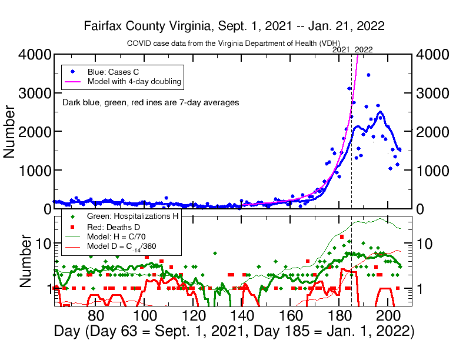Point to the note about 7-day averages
[x=150, y=102]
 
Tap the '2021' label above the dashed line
[x=341, y=50]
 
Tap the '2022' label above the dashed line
[x=364, y=50]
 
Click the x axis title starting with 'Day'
[x=234, y=332]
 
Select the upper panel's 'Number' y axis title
[x=10, y=131]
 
